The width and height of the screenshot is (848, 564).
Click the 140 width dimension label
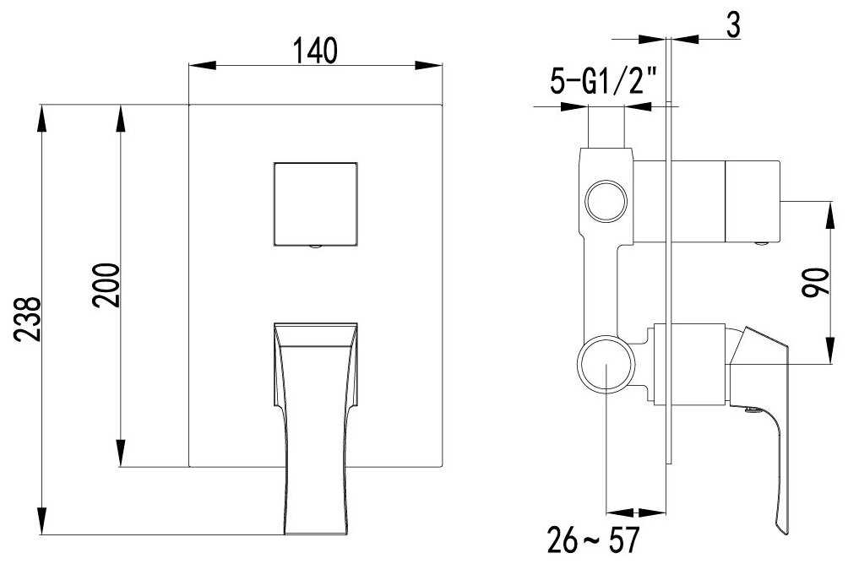click(315, 51)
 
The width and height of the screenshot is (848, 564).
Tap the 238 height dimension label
click(27, 319)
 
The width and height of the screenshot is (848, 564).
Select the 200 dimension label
click(106, 285)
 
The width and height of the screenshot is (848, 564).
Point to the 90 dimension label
click(815, 282)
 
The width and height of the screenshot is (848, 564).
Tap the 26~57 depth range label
click(593, 540)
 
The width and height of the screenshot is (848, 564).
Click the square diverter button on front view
click(315, 203)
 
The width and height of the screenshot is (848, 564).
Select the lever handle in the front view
click(315, 428)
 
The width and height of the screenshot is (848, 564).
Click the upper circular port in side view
click(606, 201)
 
